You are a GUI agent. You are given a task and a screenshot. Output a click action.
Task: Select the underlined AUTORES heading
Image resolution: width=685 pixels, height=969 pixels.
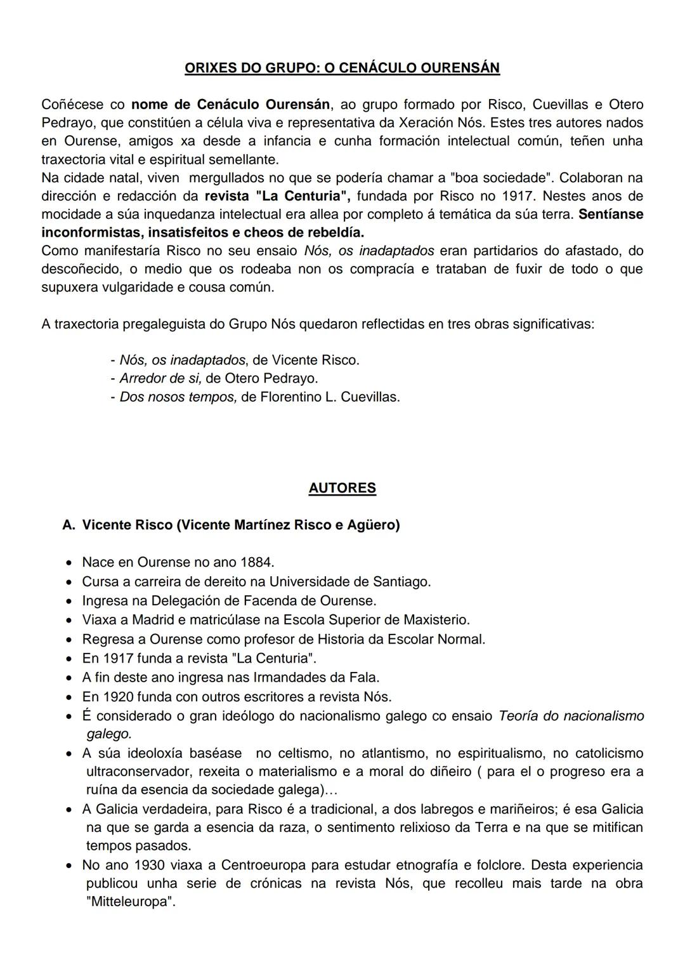[x=342, y=488]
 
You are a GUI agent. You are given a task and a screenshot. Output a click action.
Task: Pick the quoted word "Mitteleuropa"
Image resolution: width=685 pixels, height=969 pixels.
[x=131, y=902]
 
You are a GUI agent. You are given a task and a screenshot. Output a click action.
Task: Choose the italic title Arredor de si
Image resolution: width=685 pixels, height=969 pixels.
[x=160, y=378]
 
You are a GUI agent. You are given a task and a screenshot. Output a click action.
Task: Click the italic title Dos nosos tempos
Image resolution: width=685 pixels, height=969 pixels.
[x=178, y=397]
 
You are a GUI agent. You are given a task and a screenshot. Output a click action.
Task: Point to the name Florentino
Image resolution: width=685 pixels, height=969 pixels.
[x=290, y=397]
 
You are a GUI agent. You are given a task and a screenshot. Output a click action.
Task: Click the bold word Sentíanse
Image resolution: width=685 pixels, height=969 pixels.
[x=610, y=214]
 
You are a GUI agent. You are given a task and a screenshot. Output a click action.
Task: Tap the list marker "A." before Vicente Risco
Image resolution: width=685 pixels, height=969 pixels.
[x=68, y=525]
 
